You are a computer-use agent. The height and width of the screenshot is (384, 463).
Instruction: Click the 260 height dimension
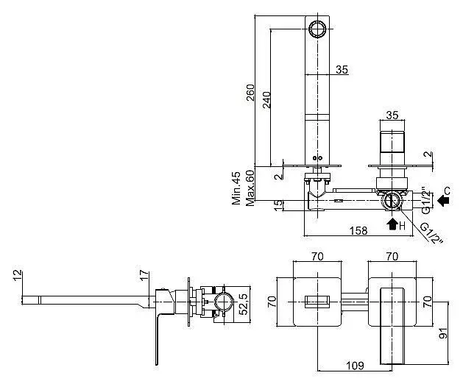[250, 93]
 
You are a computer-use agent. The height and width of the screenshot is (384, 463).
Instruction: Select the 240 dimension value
[266, 100]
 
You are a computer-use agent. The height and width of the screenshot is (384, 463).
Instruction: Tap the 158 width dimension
[358, 230]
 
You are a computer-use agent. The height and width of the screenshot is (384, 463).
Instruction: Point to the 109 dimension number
[355, 366]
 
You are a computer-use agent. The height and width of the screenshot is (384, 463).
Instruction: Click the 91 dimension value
[443, 333]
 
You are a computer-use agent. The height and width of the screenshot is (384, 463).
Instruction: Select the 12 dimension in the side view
[18, 275]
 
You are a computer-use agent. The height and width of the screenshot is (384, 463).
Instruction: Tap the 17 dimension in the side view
[144, 275]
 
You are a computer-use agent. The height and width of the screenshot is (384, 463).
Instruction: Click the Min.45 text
[236, 188]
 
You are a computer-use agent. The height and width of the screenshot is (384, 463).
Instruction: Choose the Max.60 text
[250, 188]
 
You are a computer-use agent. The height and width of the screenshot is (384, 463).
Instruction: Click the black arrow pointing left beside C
[443, 201]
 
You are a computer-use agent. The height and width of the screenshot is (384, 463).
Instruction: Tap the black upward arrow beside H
[392, 224]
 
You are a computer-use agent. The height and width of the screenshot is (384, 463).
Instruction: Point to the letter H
[402, 226]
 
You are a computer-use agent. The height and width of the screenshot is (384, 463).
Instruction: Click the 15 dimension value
[278, 205]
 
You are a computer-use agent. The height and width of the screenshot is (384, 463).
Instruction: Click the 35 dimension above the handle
[392, 115]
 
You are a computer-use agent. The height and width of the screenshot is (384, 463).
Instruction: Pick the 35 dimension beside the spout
[342, 70]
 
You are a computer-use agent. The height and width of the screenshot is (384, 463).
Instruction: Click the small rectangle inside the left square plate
[317, 302]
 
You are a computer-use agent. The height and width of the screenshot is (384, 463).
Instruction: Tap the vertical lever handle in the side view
[157, 339]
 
